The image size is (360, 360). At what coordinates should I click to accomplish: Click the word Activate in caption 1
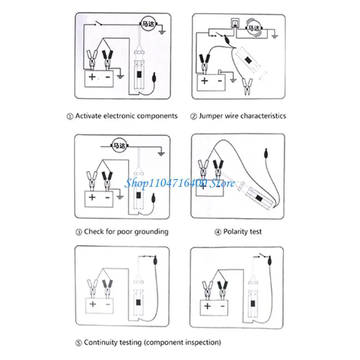[x=88, y=116]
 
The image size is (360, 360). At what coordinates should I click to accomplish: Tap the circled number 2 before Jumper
[x=193, y=116]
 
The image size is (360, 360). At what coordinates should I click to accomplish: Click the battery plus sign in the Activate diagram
[x=92, y=77]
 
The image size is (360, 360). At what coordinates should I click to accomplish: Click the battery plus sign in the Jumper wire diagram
[x=205, y=81]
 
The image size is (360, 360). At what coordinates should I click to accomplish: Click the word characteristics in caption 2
[x=263, y=116]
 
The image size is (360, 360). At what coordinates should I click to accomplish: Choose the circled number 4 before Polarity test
[x=218, y=232]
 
